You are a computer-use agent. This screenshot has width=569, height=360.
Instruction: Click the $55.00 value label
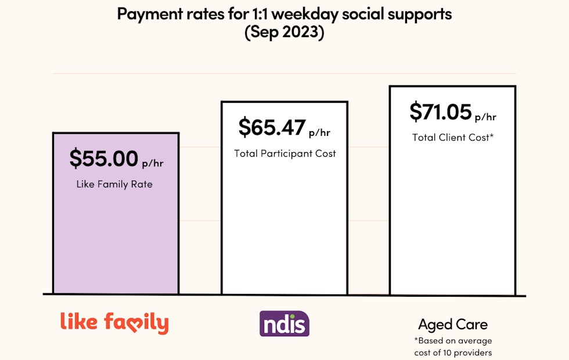[x=104, y=159]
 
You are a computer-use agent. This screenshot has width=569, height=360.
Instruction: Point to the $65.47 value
[x=272, y=128]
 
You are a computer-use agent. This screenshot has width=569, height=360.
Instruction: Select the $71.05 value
[x=440, y=111]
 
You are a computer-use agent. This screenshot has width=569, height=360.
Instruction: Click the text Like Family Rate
[x=114, y=185]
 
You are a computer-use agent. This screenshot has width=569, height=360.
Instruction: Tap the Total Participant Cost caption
[x=285, y=154]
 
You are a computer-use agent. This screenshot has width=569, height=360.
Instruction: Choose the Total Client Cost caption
[x=453, y=138]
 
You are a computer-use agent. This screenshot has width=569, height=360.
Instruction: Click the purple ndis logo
[x=284, y=323]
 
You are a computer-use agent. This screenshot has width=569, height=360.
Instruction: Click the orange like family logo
[x=114, y=323]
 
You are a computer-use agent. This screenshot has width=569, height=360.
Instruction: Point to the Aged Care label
[x=453, y=324]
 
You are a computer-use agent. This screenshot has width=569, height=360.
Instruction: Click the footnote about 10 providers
[x=453, y=347]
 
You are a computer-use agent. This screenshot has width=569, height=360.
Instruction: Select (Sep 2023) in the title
[x=284, y=33]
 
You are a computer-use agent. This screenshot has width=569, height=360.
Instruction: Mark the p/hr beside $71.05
[x=485, y=117]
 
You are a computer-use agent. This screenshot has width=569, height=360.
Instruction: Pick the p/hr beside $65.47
[x=319, y=133]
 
